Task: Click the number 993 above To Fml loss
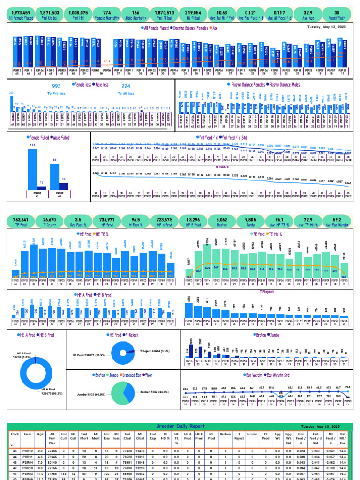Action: (56, 86)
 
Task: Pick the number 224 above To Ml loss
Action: (126, 86)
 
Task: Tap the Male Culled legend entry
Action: (60, 138)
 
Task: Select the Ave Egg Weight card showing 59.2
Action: (337, 221)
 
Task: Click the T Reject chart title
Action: (265, 291)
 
